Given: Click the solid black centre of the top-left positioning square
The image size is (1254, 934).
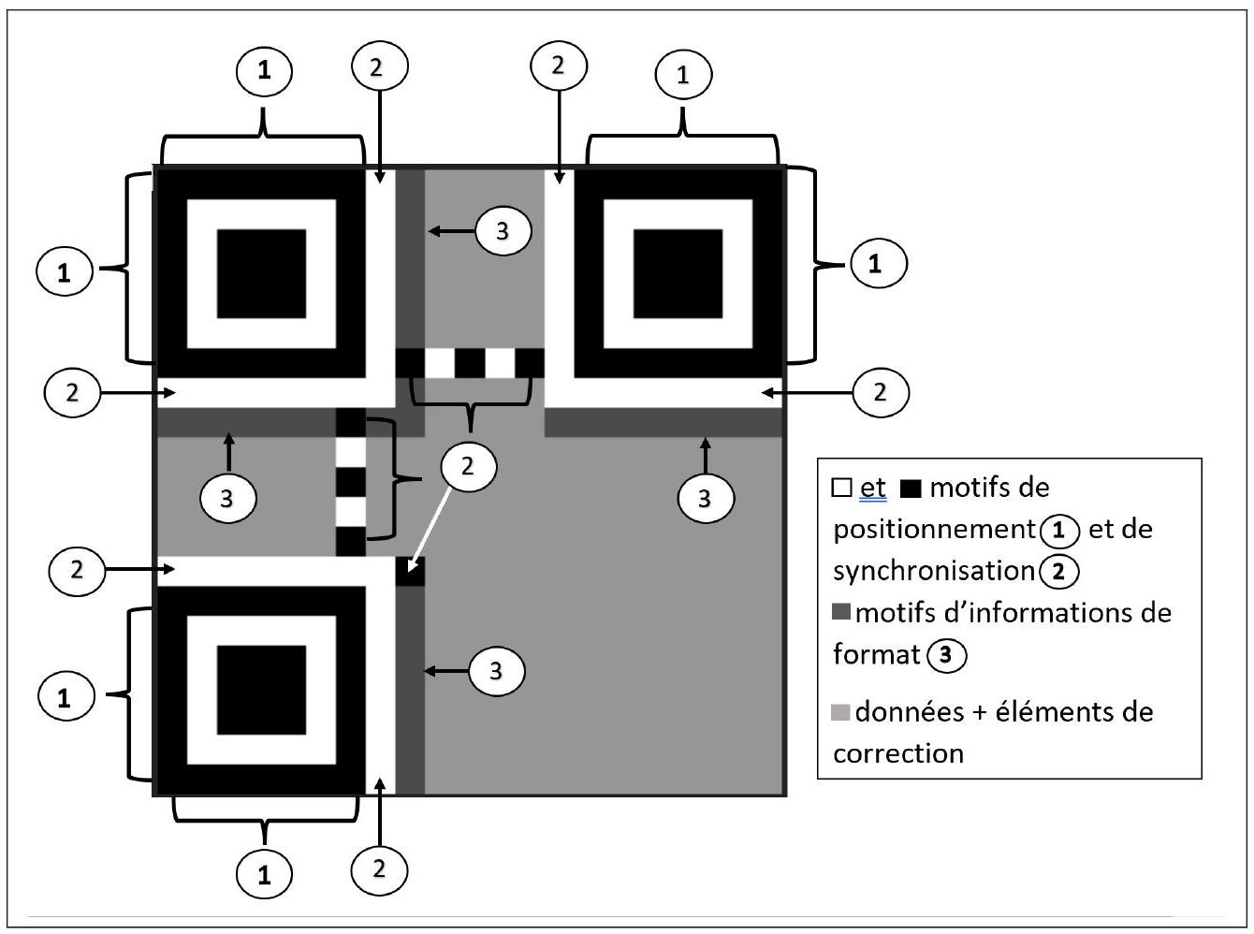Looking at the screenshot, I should pos(261,273).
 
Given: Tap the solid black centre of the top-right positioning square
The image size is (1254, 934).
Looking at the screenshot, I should pos(678,273).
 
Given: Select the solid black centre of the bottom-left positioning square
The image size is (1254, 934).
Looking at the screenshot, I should pos(261,690).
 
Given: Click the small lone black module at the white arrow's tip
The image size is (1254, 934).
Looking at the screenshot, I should pos(410,571).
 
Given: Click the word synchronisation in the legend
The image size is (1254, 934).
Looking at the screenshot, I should pos(933,571).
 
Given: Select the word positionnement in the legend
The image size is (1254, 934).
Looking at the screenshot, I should pos(932,530).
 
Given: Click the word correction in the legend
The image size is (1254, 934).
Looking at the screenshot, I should pos(897,752).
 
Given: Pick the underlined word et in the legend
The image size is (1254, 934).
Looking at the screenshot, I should pos(872,488).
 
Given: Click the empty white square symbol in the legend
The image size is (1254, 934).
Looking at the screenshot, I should pos(841,488).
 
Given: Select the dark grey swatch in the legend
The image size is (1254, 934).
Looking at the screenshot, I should pos(841,612).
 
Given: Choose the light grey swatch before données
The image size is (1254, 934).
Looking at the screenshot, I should pos(841,712).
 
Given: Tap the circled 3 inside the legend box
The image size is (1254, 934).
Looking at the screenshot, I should pos(946,654).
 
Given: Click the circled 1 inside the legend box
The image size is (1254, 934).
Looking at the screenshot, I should pos(1059,531).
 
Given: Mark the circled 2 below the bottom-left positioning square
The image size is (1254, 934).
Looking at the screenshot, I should pos(379,868).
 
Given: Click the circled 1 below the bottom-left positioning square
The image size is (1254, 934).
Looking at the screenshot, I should pos(264,875).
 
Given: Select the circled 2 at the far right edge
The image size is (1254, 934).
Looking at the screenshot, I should pos(880,392).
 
